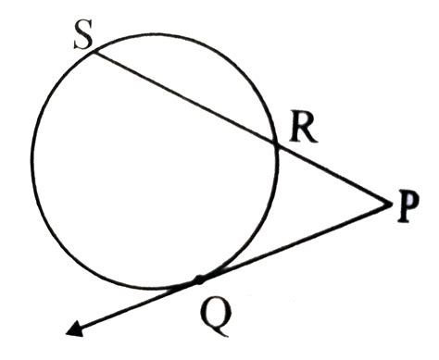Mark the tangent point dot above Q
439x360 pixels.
(198, 278)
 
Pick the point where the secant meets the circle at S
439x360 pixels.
(94, 52)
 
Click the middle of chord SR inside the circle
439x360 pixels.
(184, 98)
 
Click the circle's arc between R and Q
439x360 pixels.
(260, 231)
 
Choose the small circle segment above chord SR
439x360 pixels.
(185, 65)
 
